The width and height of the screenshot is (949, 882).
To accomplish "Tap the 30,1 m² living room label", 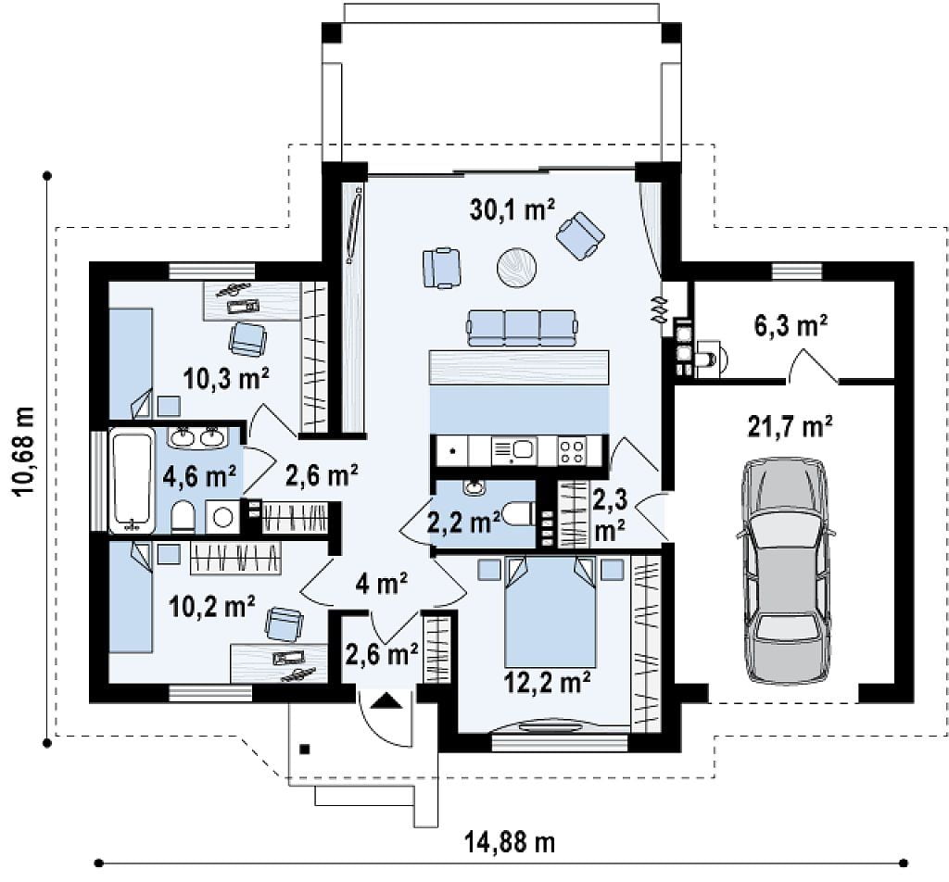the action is point(512,209).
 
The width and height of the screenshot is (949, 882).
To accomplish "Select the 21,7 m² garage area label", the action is point(790,426).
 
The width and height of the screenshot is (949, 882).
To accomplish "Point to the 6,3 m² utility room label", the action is point(791,326).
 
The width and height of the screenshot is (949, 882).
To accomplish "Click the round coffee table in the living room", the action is point(517,266).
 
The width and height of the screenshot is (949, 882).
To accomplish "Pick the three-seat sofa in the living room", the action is point(521,329).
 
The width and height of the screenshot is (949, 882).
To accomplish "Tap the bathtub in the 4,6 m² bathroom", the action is point(131,480).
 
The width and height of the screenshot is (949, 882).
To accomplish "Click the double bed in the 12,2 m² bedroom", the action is point(550,611).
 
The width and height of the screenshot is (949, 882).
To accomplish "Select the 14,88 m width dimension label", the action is point(510,842).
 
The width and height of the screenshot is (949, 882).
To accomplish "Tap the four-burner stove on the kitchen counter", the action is point(572,450).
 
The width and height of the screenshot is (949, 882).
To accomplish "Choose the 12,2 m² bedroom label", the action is point(547,683).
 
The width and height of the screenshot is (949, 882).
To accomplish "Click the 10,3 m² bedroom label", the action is point(226,379).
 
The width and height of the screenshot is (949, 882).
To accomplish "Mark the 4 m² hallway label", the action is point(382,584).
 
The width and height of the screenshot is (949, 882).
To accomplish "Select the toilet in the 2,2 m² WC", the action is point(519,514).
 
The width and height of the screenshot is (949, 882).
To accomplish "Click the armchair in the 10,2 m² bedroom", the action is point(284,624).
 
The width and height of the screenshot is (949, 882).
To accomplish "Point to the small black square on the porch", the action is point(305,750).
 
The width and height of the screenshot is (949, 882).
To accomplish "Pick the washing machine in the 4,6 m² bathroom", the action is point(223,517).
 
